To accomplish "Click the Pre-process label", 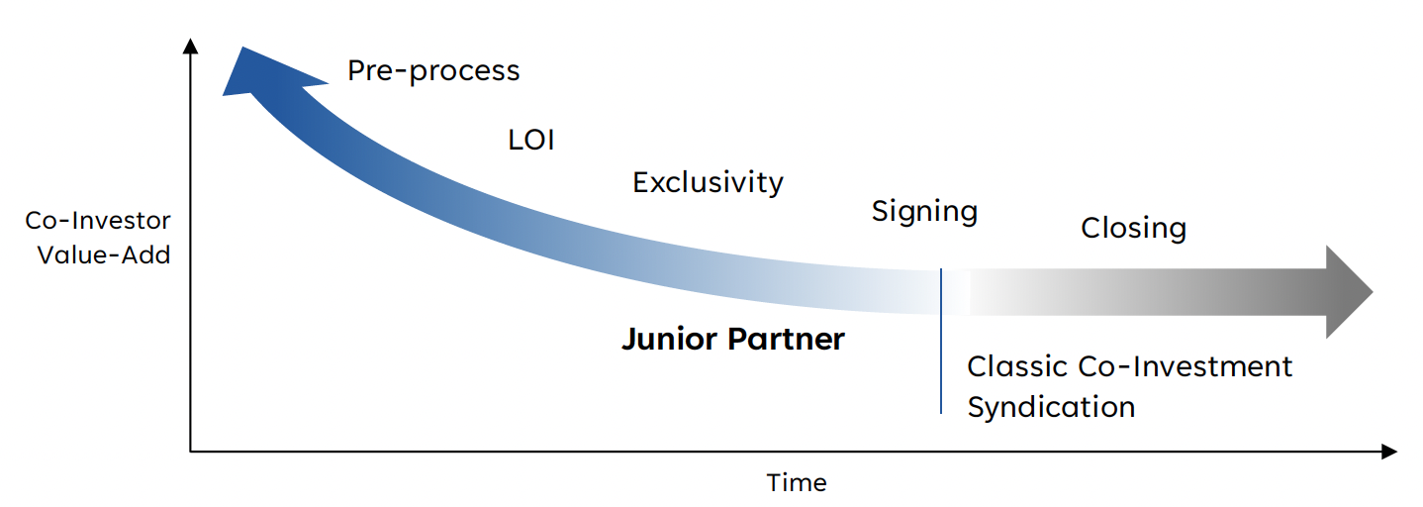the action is click(x=433, y=71).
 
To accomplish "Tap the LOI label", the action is click(x=531, y=140).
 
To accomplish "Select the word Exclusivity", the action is click(x=708, y=183).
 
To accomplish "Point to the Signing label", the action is click(x=924, y=212).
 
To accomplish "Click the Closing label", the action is click(x=1133, y=229).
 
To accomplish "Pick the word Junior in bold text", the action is click(x=670, y=340).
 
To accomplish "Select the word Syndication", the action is click(x=1051, y=407).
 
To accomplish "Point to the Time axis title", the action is click(x=797, y=483).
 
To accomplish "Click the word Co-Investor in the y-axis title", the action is click(x=98, y=221).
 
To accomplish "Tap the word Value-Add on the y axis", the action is click(x=104, y=254).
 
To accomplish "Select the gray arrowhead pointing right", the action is click(x=1348, y=292).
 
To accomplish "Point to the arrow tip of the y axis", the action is click(x=191, y=46).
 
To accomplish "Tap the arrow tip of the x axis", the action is click(x=1389, y=453).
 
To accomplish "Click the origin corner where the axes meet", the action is click(x=191, y=453).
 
